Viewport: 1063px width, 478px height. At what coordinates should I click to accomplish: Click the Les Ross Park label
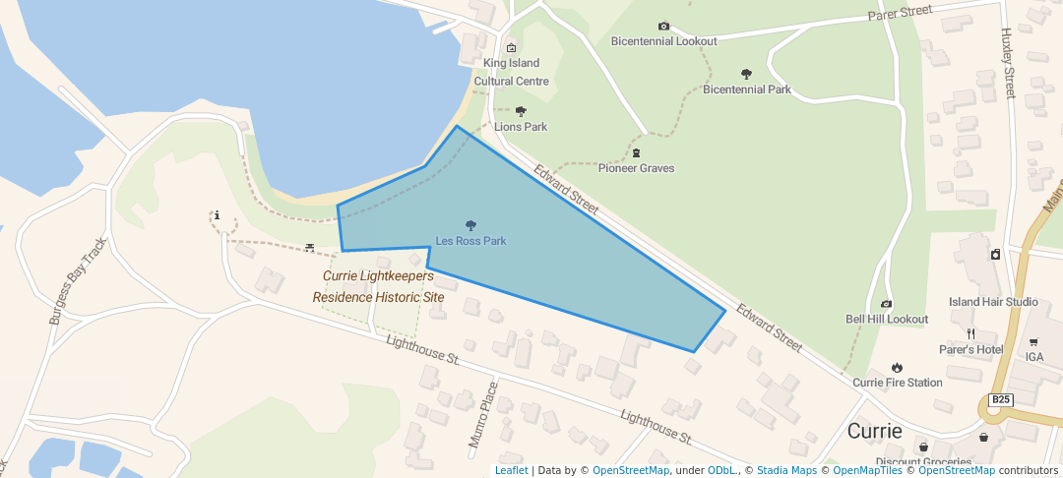470,241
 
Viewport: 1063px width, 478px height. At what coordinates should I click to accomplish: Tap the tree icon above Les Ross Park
470,225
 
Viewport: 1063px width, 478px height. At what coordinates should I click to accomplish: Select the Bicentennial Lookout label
663,41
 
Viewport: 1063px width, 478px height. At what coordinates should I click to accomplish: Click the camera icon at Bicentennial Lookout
663,27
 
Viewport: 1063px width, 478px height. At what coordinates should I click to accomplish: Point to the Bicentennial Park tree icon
746,74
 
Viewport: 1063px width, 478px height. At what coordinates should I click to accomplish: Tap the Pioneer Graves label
636,168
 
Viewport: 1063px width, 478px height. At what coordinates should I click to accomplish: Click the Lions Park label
521,127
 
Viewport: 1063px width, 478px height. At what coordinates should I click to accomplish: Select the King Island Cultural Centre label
511,72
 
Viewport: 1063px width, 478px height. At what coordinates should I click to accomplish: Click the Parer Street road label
900,12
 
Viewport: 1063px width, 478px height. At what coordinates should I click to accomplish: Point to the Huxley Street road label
1007,63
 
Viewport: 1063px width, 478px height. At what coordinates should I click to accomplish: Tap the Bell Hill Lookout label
886,320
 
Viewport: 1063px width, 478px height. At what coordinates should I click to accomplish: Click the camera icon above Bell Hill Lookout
886,304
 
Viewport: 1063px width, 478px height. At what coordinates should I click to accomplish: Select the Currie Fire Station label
897,383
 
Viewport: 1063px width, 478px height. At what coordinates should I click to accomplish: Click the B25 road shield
1000,399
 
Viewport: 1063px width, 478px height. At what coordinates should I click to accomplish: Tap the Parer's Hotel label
969,349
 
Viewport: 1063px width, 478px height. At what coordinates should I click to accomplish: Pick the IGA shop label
1033,357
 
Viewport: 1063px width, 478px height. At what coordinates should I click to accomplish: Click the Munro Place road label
483,415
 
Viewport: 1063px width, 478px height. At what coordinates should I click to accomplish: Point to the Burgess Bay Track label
77,282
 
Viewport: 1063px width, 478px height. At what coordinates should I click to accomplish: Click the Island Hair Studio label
993,302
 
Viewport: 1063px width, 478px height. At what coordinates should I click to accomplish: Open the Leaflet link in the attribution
511,470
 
